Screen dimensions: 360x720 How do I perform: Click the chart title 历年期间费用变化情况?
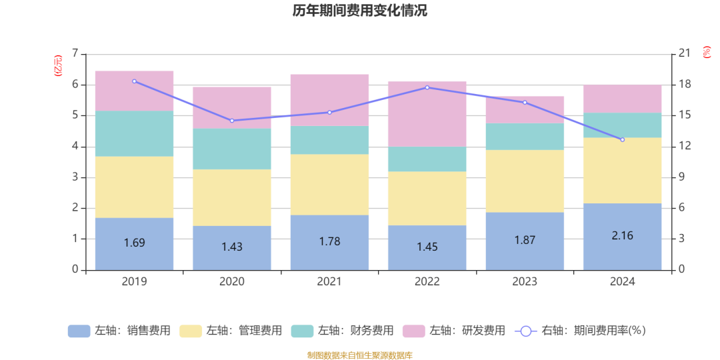coord(360,11)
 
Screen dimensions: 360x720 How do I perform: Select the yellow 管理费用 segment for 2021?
coord(329,185)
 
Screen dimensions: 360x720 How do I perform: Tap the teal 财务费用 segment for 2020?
coord(231,149)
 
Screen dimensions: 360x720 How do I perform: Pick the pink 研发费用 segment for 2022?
coord(427,114)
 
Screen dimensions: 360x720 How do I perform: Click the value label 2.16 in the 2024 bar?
coord(622,235)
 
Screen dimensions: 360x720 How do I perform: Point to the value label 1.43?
coord(231,247)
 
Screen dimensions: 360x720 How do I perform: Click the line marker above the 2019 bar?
coord(134,81)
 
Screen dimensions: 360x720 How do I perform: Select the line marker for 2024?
coord(622,139)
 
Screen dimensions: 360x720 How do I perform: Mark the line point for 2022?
coord(427,87)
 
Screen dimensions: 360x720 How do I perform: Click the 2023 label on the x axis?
coord(525,282)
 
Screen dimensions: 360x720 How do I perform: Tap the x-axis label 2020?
coord(231,282)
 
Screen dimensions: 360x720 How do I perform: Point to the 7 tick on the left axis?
coord(75,53)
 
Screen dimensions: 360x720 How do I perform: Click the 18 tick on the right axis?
coord(683,85)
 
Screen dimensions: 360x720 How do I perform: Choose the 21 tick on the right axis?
coord(683,53)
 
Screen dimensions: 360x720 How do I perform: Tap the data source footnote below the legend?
coord(360,355)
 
